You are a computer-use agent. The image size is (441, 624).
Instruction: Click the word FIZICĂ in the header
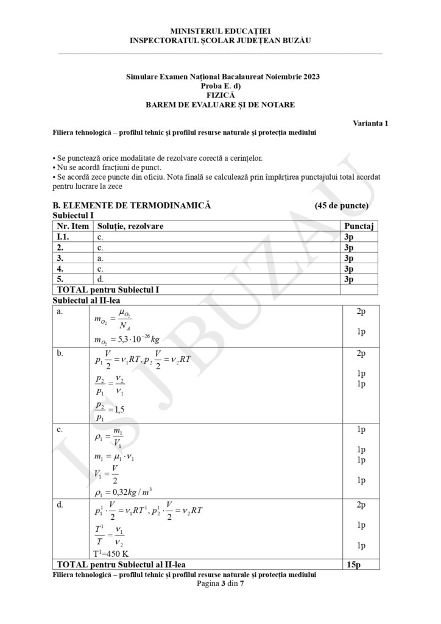[x=220, y=95]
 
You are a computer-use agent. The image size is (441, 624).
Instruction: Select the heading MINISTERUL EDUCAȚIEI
[x=220, y=30]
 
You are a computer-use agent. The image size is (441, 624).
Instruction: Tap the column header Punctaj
[x=358, y=226]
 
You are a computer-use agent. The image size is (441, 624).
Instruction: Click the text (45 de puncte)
[x=342, y=205]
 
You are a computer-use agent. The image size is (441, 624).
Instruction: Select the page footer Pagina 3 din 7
[x=220, y=583]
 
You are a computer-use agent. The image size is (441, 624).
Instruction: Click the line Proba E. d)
[x=220, y=86]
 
